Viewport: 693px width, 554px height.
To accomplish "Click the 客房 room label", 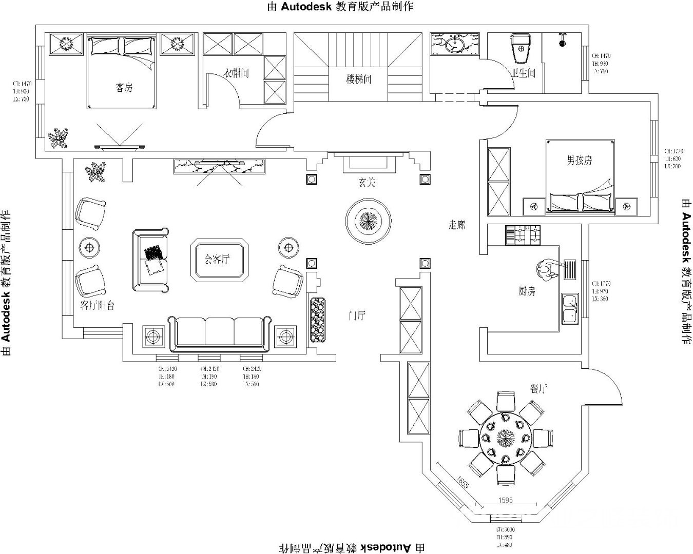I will (x=124, y=88).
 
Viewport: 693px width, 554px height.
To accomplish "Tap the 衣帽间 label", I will (x=237, y=73).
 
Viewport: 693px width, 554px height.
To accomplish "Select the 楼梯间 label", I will (x=358, y=79).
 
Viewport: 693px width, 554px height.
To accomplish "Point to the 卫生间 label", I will (x=523, y=73).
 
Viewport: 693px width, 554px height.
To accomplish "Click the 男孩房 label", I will (x=579, y=161).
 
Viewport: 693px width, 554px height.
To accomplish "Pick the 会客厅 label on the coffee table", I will (x=217, y=259).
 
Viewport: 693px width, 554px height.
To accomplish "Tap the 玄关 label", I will (x=367, y=182).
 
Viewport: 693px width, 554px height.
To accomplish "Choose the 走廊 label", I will (x=456, y=225).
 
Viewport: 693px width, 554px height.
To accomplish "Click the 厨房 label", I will (x=527, y=291).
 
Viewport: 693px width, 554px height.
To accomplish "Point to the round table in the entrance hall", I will (x=368, y=222).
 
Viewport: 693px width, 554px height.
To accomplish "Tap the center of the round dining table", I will (x=506, y=438).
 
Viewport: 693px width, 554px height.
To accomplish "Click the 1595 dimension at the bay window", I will (x=506, y=500).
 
